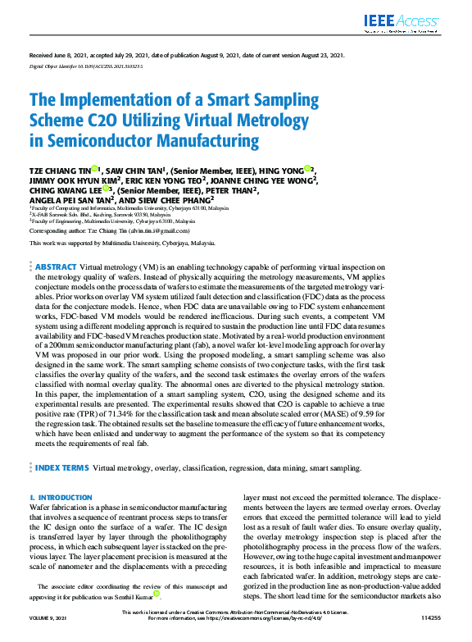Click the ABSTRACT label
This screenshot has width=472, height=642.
(x=55, y=266)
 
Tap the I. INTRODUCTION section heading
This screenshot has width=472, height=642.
(x=61, y=498)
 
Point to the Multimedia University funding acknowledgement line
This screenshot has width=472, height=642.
(x=122, y=244)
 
